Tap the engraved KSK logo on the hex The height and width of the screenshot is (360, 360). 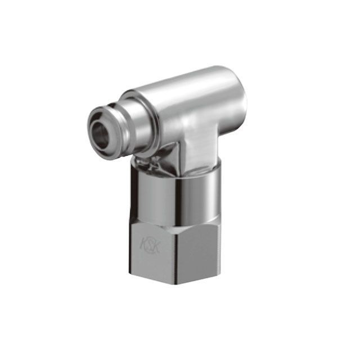tap(150, 246)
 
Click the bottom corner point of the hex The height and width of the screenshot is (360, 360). tap(176, 285)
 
